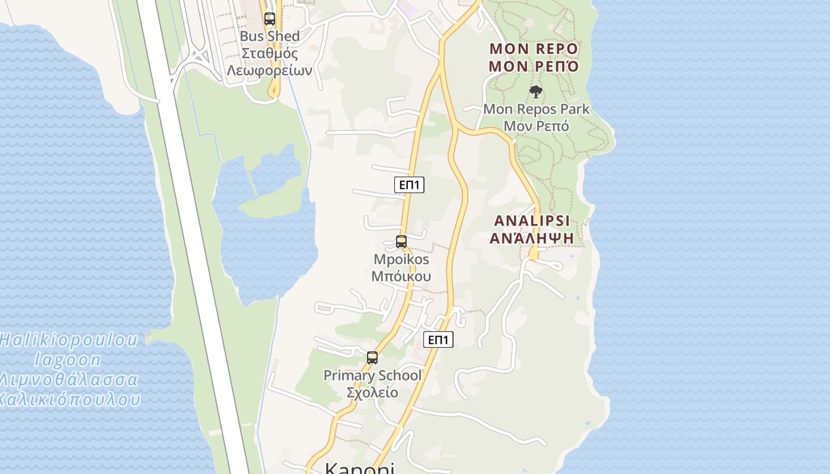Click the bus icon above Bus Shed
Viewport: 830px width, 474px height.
(x=270, y=19)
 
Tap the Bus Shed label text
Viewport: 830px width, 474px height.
(x=270, y=36)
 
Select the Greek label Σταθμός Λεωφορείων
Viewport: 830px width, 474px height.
(x=270, y=62)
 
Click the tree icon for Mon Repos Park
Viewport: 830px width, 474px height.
(x=536, y=92)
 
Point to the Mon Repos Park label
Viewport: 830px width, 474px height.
(x=536, y=109)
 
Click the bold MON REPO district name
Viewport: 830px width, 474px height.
(x=533, y=48)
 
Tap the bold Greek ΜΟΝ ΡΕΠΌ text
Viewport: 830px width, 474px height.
(x=533, y=66)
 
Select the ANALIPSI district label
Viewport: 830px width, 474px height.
(x=532, y=220)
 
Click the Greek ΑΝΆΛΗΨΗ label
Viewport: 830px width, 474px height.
(x=532, y=238)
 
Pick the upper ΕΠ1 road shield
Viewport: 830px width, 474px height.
(x=409, y=185)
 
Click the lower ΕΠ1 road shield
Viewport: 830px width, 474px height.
(x=438, y=340)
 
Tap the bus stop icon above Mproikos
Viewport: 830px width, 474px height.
(x=401, y=242)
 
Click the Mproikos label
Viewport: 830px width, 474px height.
(x=401, y=260)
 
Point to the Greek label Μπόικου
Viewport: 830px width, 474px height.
(x=401, y=276)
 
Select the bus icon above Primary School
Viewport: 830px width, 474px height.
(x=372, y=358)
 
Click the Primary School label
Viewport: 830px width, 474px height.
(x=372, y=375)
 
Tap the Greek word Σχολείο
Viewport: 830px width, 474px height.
(x=372, y=392)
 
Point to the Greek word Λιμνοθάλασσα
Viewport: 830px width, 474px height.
(x=68, y=380)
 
